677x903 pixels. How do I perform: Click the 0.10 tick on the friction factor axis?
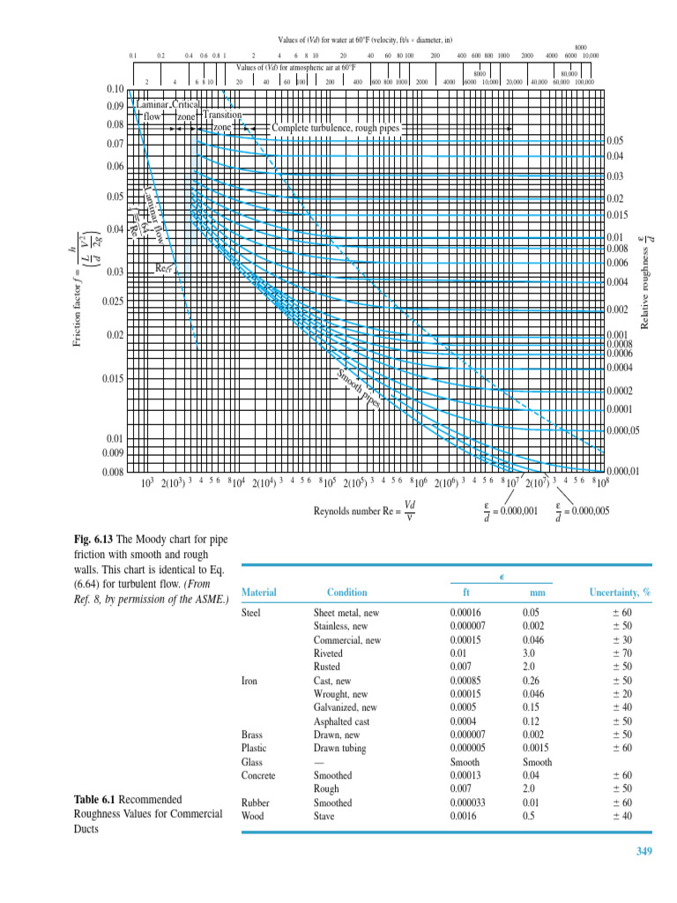coord(115,89)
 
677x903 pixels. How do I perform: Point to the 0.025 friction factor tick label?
coord(112,302)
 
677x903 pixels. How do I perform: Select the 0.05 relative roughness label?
coord(614,140)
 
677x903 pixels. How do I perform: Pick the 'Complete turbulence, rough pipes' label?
coord(335,129)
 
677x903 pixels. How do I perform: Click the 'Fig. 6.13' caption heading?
coord(93,540)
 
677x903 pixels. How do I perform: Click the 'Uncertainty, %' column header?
coord(619,593)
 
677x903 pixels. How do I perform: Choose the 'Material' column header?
coord(258,593)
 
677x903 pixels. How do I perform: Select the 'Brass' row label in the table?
coord(252,735)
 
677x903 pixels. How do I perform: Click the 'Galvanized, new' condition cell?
coord(346,707)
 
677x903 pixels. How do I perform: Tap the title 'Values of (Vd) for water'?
coord(365,41)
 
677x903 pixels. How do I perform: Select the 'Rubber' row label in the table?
coord(256,802)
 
